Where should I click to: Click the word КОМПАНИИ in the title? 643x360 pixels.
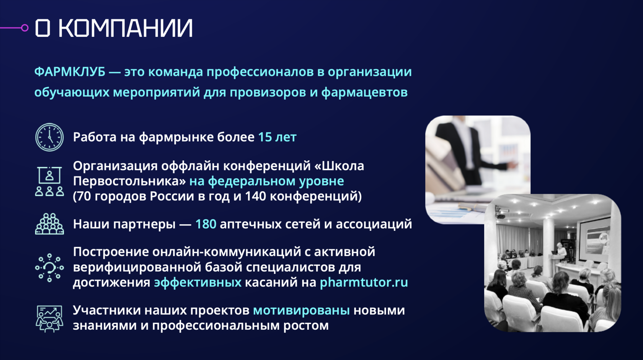click(126, 28)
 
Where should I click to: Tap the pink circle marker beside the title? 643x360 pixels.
click(25, 28)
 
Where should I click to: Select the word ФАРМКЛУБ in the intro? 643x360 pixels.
click(70, 72)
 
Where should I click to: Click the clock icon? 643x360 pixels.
click(49, 137)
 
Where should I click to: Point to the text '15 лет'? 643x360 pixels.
click(277, 137)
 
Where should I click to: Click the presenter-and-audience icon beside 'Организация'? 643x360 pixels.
click(49, 181)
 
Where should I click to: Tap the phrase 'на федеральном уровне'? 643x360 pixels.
click(267, 181)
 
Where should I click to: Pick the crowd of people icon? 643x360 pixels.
click(49, 224)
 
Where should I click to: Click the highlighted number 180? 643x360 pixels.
click(206, 224)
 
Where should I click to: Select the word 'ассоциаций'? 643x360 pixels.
click(374, 224)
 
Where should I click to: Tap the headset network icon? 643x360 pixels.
click(49, 268)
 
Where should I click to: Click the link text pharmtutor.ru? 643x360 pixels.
click(364, 283)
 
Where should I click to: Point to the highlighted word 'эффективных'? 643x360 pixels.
click(198, 283)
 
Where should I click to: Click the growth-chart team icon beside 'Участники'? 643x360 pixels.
click(49, 319)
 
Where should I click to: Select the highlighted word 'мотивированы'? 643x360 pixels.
click(302, 310)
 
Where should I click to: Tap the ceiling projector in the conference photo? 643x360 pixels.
click(501, 215)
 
